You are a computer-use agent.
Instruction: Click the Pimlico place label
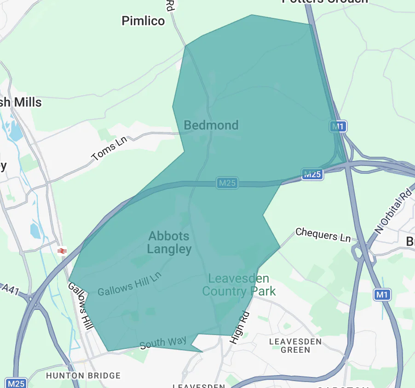point(143,21)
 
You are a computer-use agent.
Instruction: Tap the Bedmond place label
point(211,125)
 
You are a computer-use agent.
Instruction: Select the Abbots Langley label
point(169,243)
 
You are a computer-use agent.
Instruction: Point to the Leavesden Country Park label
point(239,285)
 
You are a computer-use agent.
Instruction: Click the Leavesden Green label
point(295,346)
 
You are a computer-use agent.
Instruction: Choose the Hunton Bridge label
point(83,376)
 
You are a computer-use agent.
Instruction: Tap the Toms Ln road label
point(110,149)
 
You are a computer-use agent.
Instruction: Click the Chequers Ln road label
point(323,234)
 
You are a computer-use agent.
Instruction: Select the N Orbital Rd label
point(393,211)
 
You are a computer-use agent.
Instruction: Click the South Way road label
point(163,342)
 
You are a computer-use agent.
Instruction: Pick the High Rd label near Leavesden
point(239,327)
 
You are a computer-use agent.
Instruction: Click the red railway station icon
point(62,251)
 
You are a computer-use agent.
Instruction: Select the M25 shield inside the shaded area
point(227,183)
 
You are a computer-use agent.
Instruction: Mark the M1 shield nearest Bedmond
point(338,126)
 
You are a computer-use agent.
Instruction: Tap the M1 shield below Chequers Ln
point(382,294)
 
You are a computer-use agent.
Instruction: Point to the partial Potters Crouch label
point(325,1)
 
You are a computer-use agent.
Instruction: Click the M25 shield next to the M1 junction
point(312,174)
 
